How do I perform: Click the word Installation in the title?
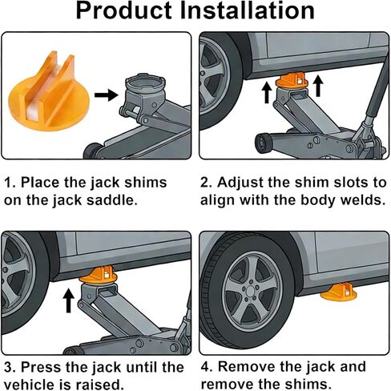click(248, 10)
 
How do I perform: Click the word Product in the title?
click(123, 10)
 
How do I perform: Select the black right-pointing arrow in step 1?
click(107, 95)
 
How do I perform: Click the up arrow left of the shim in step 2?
click(267, 92)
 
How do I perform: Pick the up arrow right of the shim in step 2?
click(317, 86)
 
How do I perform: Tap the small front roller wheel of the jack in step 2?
click(264, 143)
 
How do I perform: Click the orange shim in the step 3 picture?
click(98, 275)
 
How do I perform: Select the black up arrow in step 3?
click(69, 301)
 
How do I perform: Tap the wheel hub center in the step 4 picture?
click(251, 291)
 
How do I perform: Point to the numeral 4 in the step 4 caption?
click(204, 367)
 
